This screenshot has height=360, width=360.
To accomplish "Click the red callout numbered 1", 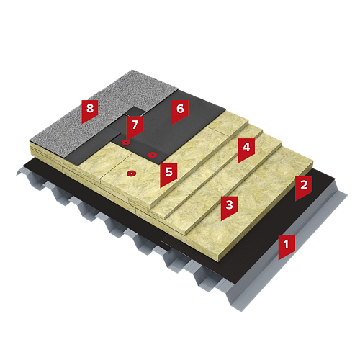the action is point(287,246).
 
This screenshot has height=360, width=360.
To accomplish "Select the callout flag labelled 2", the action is point(304,187).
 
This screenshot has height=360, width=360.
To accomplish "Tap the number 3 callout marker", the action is point(229,207).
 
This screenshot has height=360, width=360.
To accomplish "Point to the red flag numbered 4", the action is point(246,149).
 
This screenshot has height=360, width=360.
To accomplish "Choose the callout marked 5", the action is point(168,174).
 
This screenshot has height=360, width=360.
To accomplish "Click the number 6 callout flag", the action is point(180,111).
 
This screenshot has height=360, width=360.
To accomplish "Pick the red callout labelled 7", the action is point(135,127).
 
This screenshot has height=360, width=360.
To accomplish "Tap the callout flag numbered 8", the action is point(90,110).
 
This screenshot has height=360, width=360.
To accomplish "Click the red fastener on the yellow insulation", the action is point(131,173).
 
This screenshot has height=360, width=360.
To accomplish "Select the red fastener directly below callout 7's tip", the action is point(126,143).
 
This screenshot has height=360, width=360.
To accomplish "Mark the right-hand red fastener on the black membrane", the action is point(152,155).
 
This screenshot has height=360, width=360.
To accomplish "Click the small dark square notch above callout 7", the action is point(136,111).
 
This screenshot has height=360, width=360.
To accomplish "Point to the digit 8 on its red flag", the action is point(90,108).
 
